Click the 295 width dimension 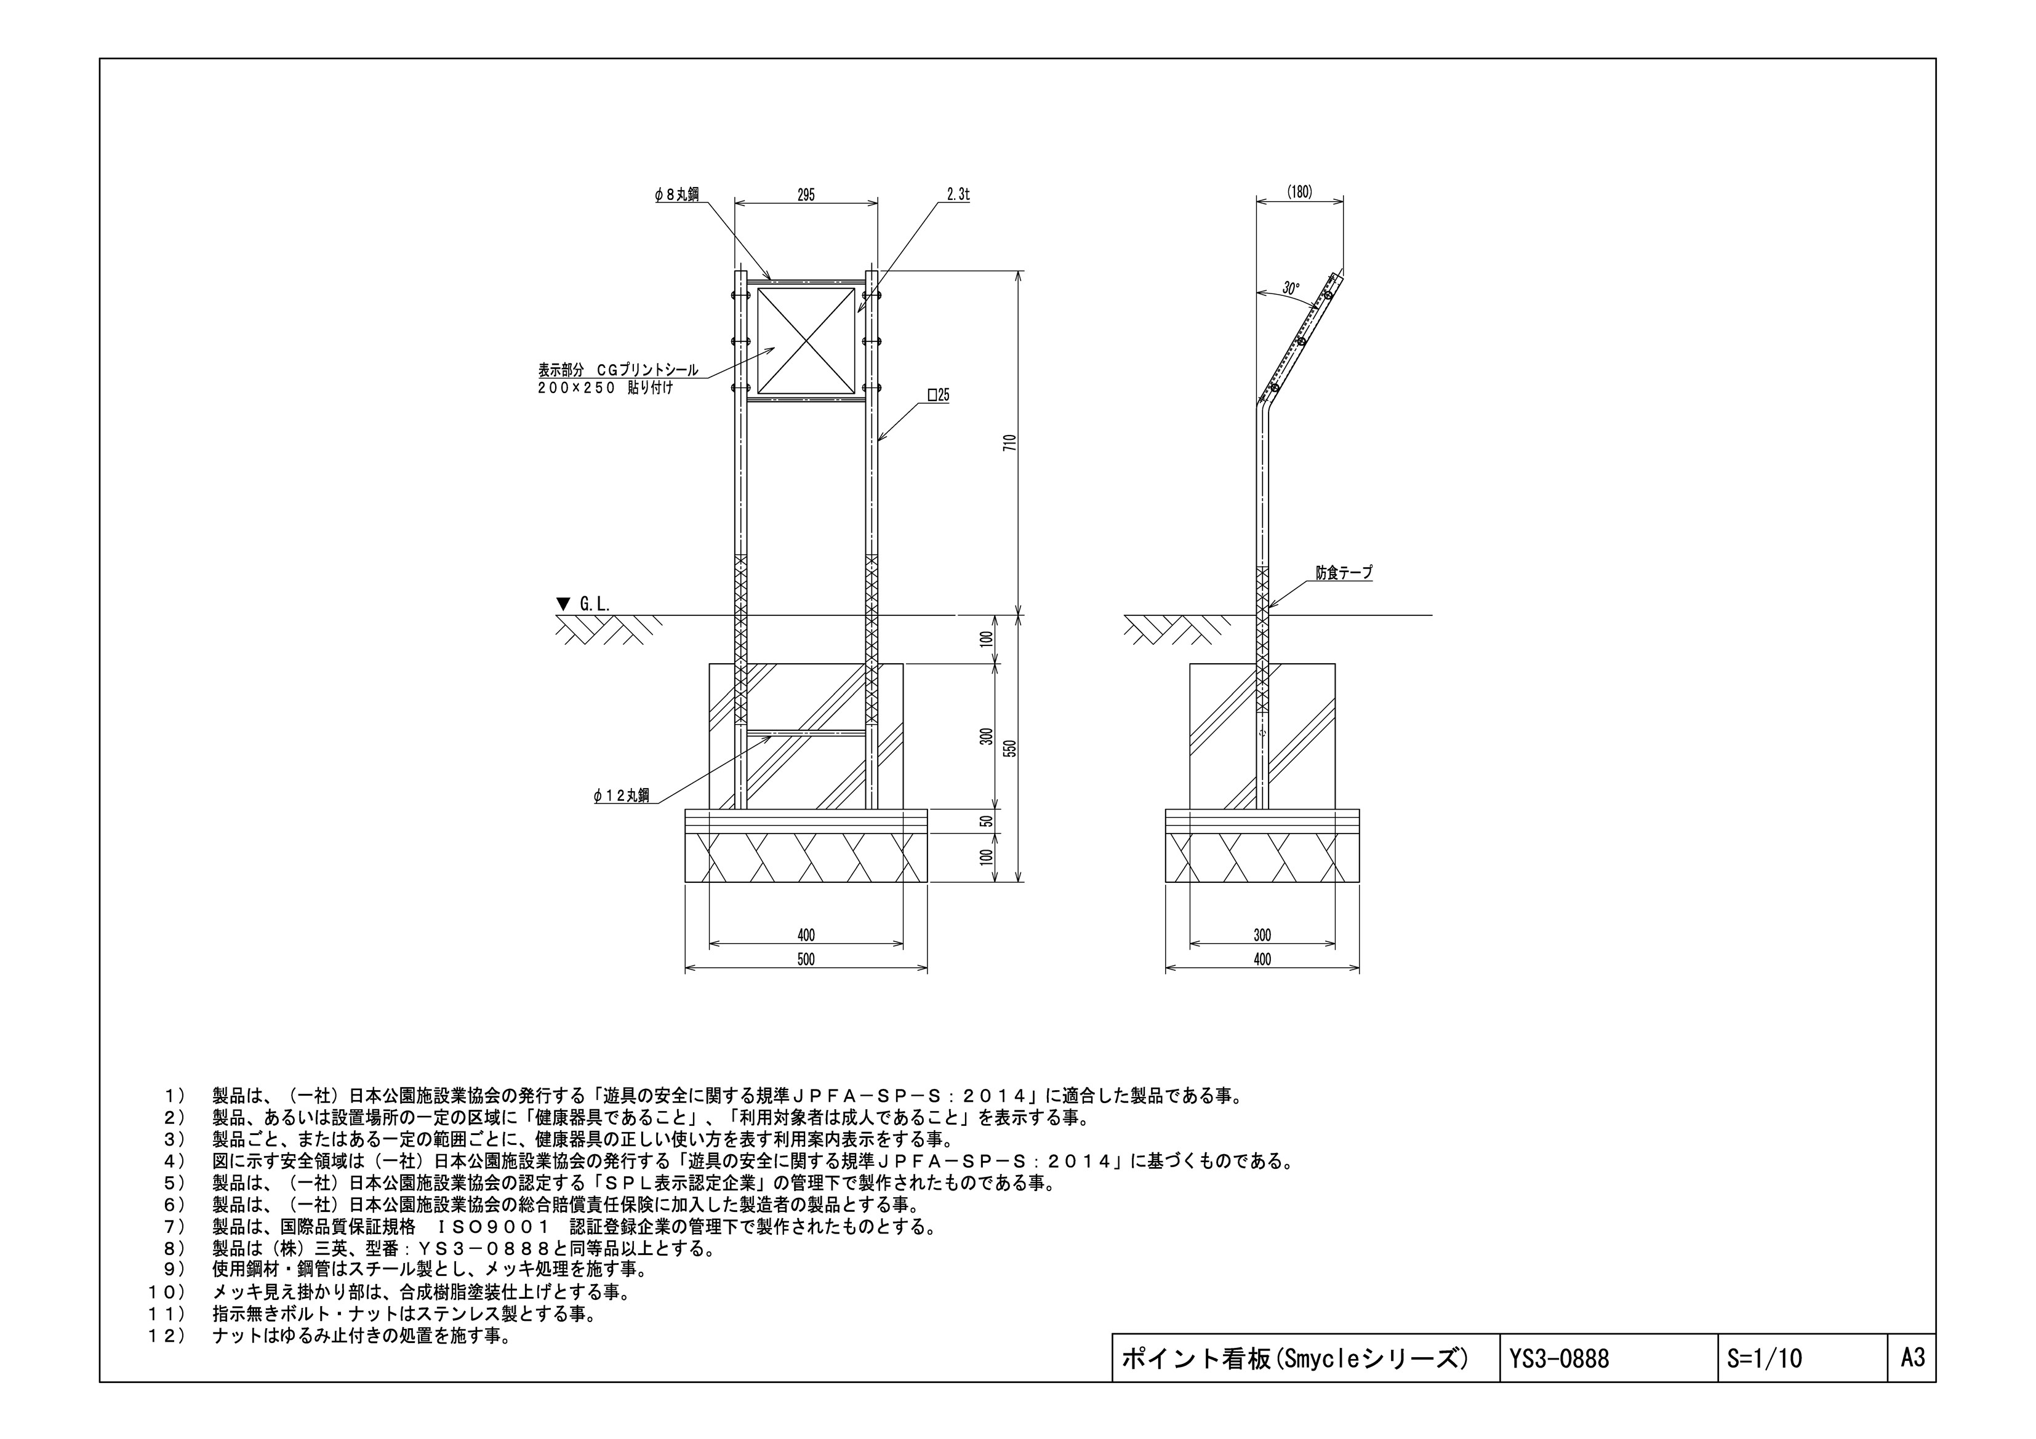[806, 195]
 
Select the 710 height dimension [1009, 442]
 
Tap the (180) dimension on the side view [1299, 191]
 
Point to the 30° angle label [1291, 288]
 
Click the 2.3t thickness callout [958, 195]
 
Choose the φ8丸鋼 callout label [676, 195]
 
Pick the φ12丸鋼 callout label [622, 795]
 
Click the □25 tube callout [938, 396]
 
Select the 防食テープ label [1344, 573]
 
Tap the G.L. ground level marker [583, 604]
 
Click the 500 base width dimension [806, 959]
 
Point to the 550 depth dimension [1009, 748]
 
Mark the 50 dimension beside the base [986, 821]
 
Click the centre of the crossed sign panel [806, 340]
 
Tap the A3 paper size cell [1914, 1357]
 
